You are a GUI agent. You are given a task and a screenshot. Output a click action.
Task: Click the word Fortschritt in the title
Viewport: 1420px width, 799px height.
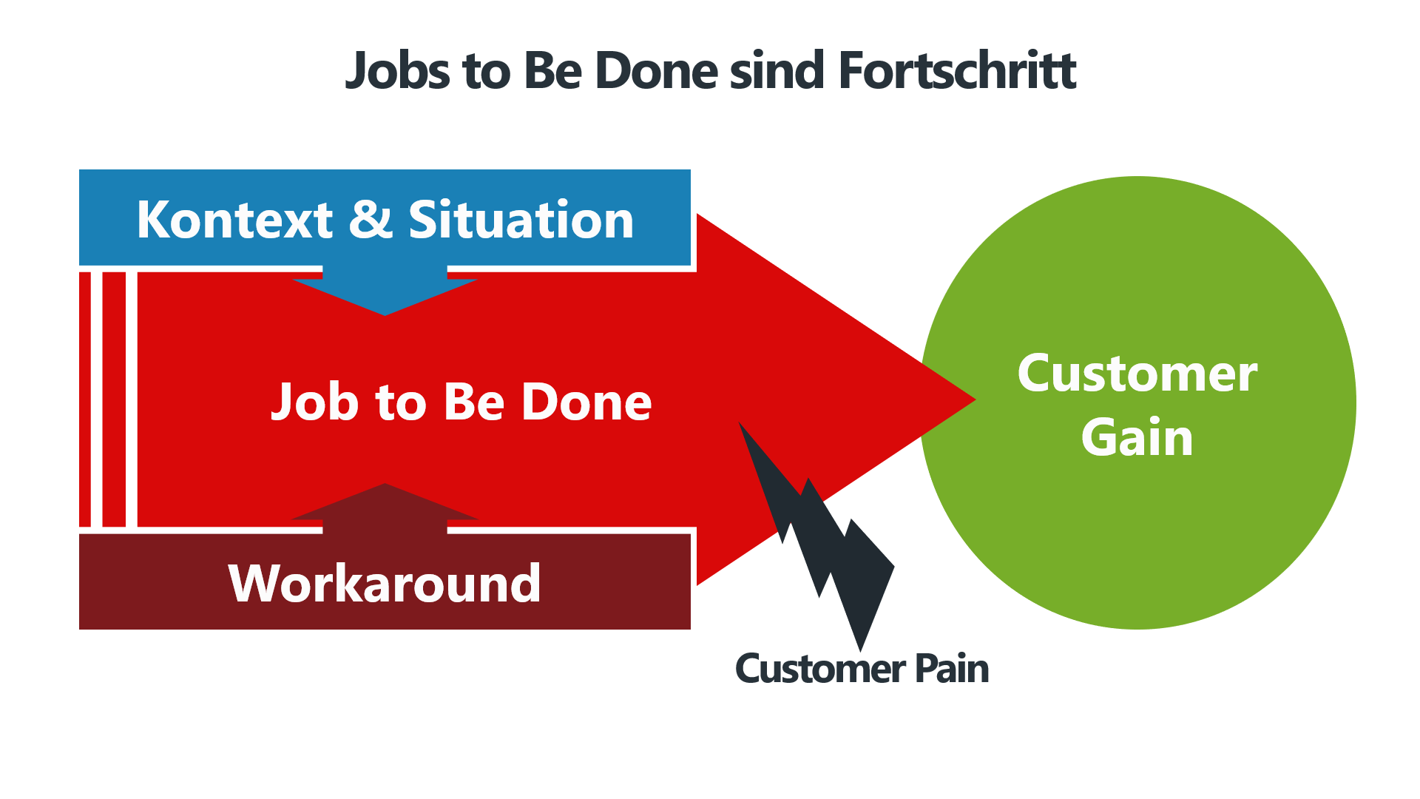[x=957, y=71]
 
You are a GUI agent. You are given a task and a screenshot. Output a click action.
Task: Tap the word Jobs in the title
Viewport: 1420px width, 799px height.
[x=397, y=71]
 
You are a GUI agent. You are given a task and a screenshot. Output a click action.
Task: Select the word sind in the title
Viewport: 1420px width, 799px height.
[x=777, y=71]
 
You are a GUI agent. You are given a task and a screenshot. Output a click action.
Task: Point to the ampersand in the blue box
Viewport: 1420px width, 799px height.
[x=370, y=220]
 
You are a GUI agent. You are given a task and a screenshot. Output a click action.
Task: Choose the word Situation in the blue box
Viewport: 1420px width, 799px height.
[x=521, y=220]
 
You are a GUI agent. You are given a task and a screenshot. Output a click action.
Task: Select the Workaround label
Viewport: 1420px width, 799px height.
[x=385, y=584]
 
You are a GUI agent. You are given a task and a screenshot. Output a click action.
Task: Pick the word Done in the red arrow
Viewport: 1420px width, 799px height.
[x=586, y=402]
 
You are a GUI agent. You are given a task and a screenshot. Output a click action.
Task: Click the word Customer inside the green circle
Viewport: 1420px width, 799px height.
[x=1137, y=374]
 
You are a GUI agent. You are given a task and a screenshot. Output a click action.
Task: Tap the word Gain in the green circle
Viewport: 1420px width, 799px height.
[x=1137, y=437]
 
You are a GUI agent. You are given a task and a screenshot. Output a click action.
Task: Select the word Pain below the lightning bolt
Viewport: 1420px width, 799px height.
[x=952, y=669]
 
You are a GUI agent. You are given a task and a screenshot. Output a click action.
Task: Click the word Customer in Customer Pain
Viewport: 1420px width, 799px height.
[x=820, y=669]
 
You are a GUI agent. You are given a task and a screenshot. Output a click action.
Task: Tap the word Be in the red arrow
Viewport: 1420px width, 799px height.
[x=474, y=402]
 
